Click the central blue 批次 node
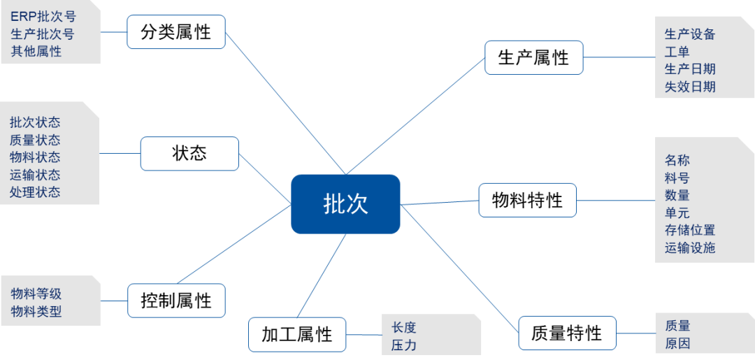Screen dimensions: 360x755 click(345, 203)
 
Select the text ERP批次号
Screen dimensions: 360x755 click(43, 17)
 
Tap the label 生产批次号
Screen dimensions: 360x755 click(43, 34)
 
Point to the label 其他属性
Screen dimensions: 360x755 click(36, 51)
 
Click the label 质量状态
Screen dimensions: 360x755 click(35, 140)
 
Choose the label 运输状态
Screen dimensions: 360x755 click(35, 175)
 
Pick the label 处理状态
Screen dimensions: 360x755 click(35, 192)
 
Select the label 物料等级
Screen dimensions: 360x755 click(36, 294)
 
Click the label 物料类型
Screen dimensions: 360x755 click(36, 312)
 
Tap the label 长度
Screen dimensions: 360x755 click(404, 327)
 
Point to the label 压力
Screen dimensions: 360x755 click(404, 345)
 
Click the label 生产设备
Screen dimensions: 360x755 click(690, 34)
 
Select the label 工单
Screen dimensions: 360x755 click(677, 52)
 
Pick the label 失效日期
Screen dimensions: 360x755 click(690, 87)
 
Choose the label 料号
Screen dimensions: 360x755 click(677, 178)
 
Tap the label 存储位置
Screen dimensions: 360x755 click(690, 230)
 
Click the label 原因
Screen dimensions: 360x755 click(677, 343)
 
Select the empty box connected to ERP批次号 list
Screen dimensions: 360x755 click(176, 32)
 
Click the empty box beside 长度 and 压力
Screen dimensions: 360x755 click(297, 334)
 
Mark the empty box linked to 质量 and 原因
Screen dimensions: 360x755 click(567, 333)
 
